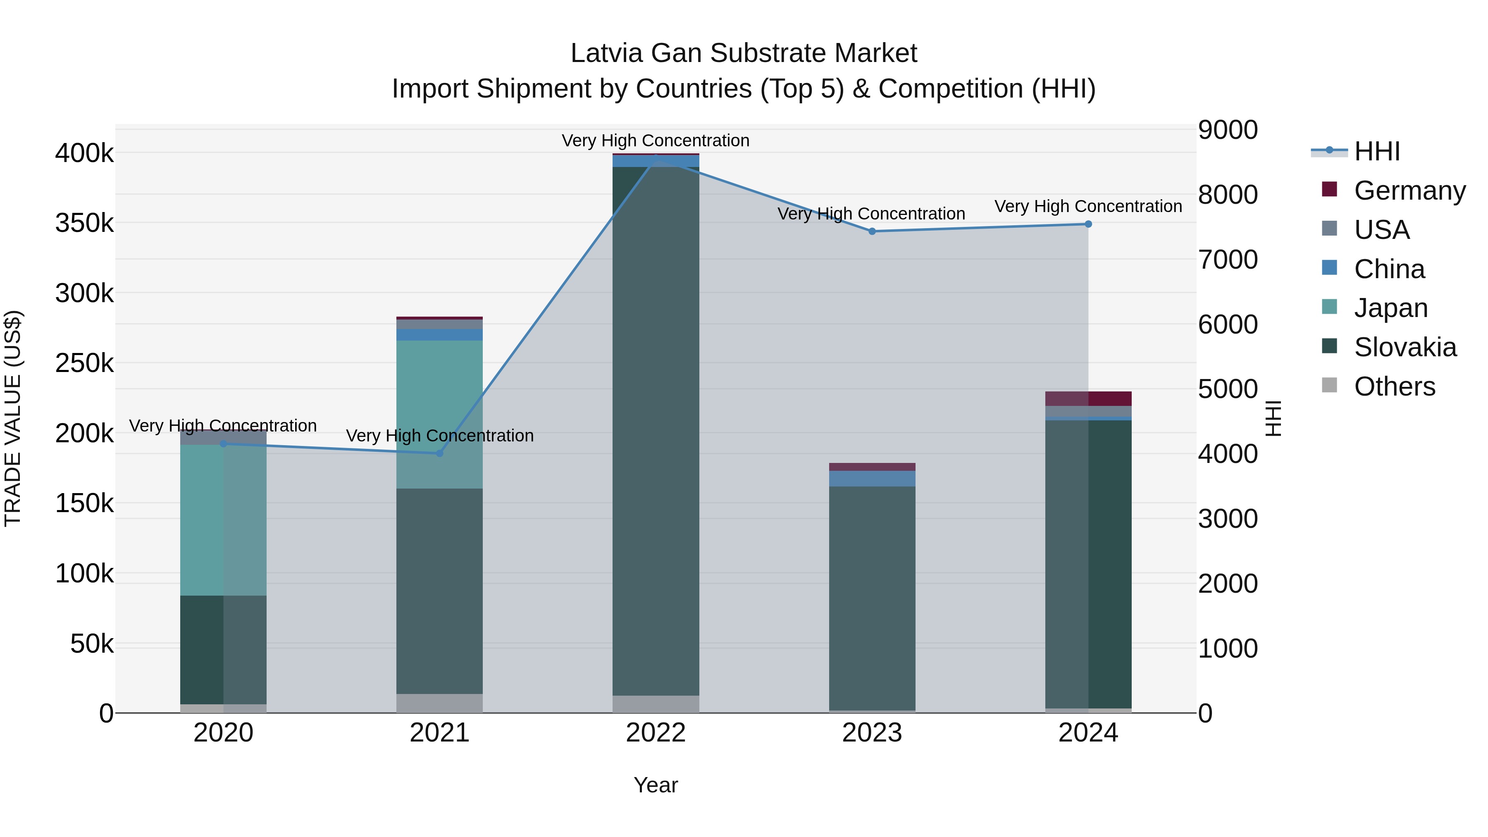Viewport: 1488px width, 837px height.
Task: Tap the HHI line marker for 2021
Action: pos(440,453)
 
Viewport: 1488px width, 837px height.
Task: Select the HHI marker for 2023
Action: pos(872,231)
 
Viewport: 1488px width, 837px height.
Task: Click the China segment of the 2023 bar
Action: pos(872,478)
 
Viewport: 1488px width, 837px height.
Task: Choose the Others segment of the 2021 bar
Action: pos(440,703)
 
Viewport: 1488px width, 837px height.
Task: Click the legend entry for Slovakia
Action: pos(1405,347)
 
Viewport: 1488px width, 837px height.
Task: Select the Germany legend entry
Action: pos(1409,191)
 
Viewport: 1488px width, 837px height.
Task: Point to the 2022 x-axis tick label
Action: pos(656,733)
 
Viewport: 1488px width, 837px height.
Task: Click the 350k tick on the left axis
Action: pos(84,223)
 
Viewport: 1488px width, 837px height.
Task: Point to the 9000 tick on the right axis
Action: pos(1228,130)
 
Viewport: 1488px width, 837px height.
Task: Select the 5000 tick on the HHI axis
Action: pos(1228,389)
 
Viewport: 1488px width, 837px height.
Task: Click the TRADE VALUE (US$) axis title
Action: pos(13,418)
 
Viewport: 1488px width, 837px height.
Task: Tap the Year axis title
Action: pos(656,785)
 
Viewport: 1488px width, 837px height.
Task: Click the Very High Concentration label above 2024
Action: pos(1088,206)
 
